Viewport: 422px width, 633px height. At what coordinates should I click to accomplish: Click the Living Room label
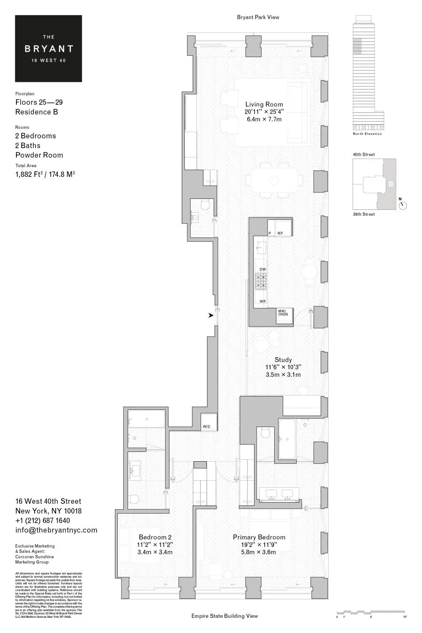[x=264, y=105]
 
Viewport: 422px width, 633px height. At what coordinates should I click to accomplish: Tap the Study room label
[x=283, y=360]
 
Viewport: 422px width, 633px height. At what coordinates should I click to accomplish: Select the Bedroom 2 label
[x=155, y=537]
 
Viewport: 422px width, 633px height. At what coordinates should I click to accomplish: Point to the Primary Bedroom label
[x=259, y=537]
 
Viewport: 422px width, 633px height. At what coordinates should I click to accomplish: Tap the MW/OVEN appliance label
[x=283, y=313]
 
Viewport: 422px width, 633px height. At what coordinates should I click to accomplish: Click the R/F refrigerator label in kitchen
[x=281, y=233]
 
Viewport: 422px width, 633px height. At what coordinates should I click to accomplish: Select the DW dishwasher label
[x=262, y=269]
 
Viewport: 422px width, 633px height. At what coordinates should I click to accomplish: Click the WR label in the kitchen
[x=262, y=302]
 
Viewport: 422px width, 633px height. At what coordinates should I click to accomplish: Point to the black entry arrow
[x=211, y=315]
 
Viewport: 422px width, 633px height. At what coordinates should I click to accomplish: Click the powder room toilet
[x=206, y=205]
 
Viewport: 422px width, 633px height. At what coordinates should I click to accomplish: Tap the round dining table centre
[x=274, y=181]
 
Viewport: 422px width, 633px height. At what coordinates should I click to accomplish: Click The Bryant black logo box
[x=49, y=49]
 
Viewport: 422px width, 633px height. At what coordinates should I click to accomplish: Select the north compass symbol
[x=403, y=205]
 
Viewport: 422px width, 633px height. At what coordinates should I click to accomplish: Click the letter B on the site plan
[x=391, y=184]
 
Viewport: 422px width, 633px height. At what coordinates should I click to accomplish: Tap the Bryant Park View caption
[x=258, y=17]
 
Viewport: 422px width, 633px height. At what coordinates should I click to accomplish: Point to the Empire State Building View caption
[x=225, y=616]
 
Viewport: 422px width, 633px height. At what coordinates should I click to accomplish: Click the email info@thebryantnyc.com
[x=56, y=530]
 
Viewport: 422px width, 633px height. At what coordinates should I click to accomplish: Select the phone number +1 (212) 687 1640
[x=43, y=520]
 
